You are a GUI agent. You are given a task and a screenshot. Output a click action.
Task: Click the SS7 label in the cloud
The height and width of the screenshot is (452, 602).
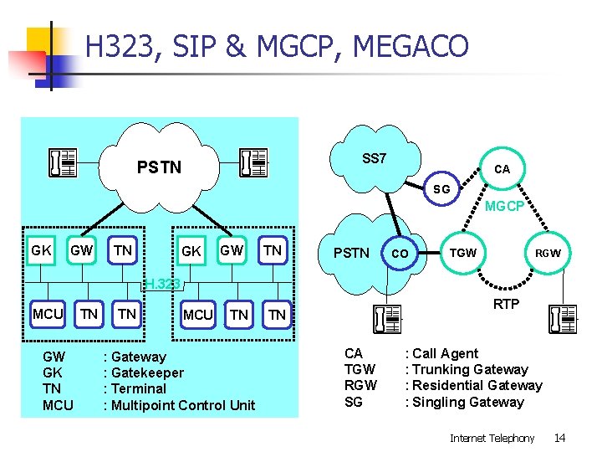point(374,158)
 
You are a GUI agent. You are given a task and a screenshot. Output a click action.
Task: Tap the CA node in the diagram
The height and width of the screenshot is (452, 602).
point(502,169)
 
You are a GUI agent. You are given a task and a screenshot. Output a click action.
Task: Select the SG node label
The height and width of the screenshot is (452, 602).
point(441,189)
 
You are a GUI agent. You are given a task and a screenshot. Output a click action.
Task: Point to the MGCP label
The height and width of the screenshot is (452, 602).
point(505,206)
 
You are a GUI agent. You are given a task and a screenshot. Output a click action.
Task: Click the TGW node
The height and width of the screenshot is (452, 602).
point(462,252)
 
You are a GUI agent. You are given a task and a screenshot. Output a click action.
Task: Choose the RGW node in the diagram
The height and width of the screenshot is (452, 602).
point(548,253)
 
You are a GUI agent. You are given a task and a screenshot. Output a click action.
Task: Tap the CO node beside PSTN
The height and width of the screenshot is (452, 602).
point(400,253)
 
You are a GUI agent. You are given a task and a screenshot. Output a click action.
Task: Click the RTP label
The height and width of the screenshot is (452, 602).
point(506,304)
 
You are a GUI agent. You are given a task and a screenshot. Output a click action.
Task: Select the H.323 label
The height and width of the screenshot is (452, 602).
point(162,283)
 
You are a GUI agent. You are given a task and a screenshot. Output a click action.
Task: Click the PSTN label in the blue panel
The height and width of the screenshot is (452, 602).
point(159,167)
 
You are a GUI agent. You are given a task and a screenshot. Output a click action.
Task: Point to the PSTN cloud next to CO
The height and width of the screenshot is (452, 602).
point(351,252)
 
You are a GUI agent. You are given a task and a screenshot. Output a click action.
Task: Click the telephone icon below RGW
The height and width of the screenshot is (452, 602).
point(563,319)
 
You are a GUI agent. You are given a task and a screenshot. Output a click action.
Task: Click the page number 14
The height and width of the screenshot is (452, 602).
point(559,438)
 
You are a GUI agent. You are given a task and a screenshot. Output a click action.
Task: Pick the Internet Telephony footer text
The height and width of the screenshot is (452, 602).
point(492,438)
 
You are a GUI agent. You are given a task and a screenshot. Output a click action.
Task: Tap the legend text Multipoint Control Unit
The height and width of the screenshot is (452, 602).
point(183,405)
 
